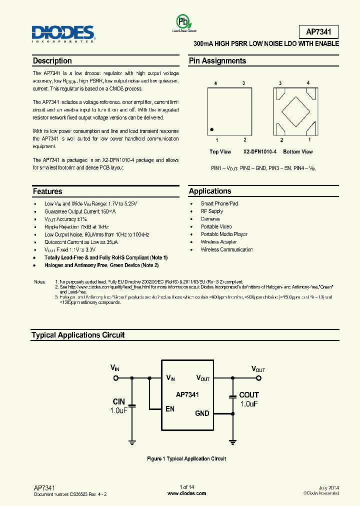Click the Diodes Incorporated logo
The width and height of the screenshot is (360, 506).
(x=63, y=34)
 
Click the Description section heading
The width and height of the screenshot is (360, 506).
(x=52, y=61)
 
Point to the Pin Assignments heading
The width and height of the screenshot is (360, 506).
(x=217, y=61)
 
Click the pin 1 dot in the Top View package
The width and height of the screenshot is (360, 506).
(x=212, y=128)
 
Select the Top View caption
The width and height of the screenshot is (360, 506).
(x=220, y=151)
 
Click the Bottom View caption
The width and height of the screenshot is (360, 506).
(x=297, y=151)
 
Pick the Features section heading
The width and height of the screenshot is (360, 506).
(x=47, y=191)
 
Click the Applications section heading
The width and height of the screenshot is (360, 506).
(x=210, y=191)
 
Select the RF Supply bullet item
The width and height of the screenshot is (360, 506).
(x=212, y=211)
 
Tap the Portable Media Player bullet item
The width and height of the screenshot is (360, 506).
(x=224, y=234)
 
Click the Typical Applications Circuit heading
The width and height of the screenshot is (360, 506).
(x=78, y=335)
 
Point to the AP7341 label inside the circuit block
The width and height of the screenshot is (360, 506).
(x=187, y=394)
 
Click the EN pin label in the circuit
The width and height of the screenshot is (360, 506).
(x=170, y=409)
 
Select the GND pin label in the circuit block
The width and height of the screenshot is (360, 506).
(x=202, y=413)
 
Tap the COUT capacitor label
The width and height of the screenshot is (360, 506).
(x=249, y=395)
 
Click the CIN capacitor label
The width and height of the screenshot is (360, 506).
(x=118, y=401)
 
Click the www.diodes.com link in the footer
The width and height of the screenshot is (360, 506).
(x=186, y=493)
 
